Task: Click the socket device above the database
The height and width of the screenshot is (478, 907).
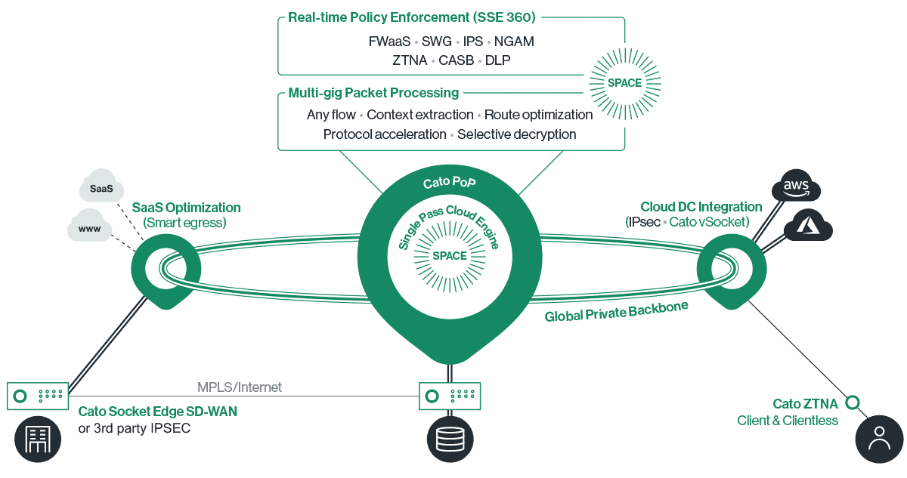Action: click(x=449, y=394)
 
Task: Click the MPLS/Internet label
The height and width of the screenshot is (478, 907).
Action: click(x=239, y=387)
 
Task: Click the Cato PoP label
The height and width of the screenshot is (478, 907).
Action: click(x=449, y=183)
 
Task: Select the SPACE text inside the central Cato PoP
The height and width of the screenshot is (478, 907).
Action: click(x=449, y=255)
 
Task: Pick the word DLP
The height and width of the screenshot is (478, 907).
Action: click(x=497, y=60)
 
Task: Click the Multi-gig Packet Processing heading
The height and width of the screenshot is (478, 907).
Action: click(x=373, y=93)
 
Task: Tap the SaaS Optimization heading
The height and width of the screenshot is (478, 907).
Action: click(x=187, y=208)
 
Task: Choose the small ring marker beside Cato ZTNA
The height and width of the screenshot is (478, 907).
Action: click(x=852, y=402)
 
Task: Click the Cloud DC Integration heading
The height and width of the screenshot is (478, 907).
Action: click(x=701, y=207)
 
